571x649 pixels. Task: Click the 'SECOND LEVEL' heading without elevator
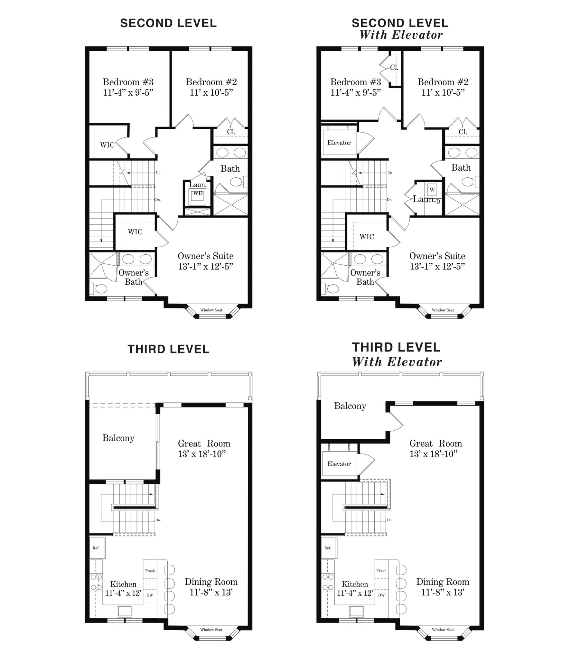tap(168, 23)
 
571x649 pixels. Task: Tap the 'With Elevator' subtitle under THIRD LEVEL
tap(397, 362)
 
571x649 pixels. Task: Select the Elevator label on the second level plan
tap(339, 143)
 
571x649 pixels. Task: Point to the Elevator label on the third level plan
tap(339, 464)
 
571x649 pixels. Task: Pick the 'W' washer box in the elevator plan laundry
tap(432, 190)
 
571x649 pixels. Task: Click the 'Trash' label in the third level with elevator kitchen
tap(381, 571)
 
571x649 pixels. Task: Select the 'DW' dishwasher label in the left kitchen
tap(150, 595)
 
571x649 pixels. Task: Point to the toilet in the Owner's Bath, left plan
tap(98, 289)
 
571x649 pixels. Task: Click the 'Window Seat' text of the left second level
tap(211, 310)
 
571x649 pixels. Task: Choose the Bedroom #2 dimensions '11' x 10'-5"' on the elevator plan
tap(443, 93)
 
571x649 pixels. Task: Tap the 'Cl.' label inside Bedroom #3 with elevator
tap(394, 68)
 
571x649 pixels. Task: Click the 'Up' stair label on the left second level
tap(158, 173)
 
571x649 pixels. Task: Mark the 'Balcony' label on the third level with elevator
tap(350, 406)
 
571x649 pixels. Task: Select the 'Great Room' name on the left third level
tap(204, 443)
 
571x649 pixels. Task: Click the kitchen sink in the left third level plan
tap(125, 611)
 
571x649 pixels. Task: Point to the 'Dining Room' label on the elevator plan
tap(443, 582)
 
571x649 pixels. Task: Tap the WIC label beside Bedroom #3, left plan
tap(107, 145)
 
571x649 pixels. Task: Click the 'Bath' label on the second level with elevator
tap(461, 167)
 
